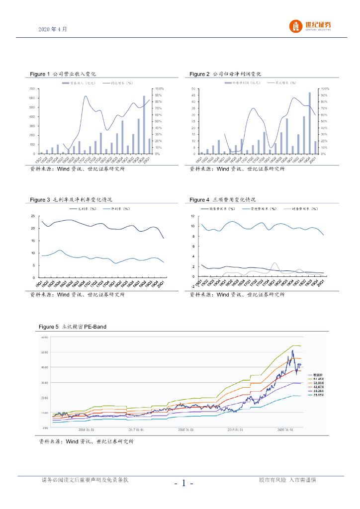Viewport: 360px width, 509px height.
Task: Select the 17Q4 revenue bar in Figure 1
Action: tap(101, 143)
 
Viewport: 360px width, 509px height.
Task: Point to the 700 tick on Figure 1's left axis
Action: tap(31, 89)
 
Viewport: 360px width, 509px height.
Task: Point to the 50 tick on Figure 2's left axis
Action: tap(193, 89)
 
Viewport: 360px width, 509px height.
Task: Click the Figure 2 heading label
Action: tap(225, 74)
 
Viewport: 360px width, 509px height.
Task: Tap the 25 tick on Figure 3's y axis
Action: tap(32, 216)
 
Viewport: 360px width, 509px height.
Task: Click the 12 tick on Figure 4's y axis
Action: tap(193, 216)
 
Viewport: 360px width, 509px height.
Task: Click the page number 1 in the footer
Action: tap(183, 483)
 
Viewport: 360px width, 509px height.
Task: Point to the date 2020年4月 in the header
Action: tap(53, 29)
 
